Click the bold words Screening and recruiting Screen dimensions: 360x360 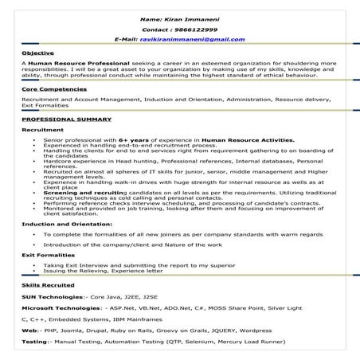point(100,191)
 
